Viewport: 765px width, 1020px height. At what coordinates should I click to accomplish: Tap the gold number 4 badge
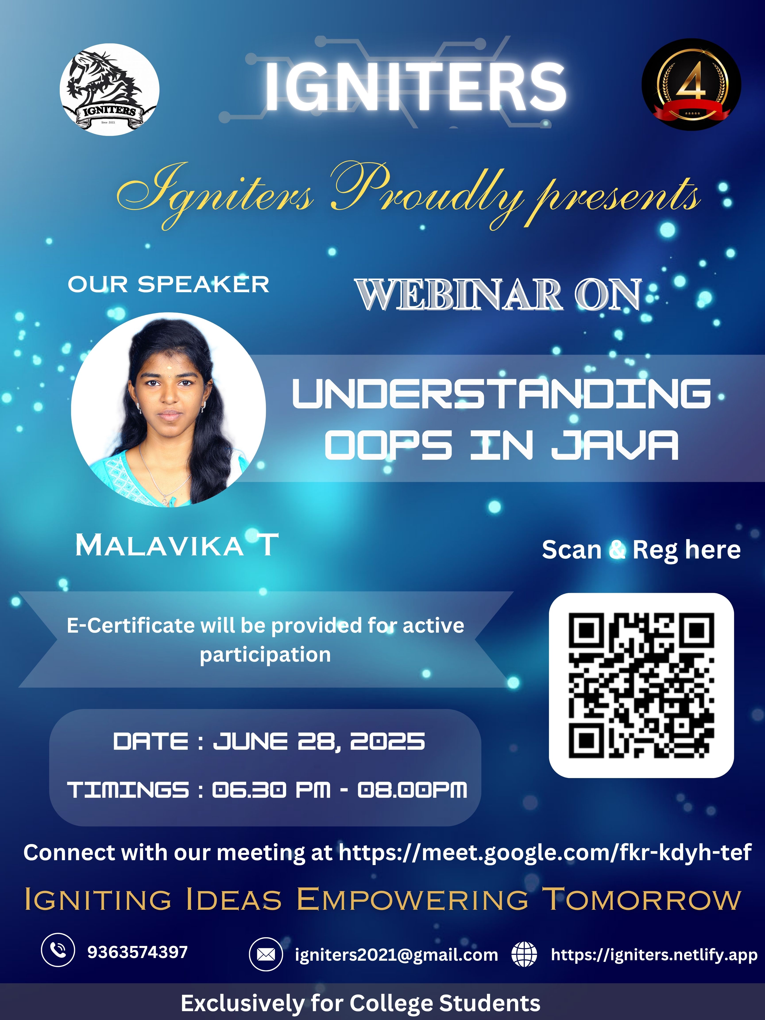(x=691, y=84)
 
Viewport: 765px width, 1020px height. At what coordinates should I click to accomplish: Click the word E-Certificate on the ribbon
(x=131, y=626)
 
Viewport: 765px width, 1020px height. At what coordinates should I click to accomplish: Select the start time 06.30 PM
(x=271, y=790)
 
